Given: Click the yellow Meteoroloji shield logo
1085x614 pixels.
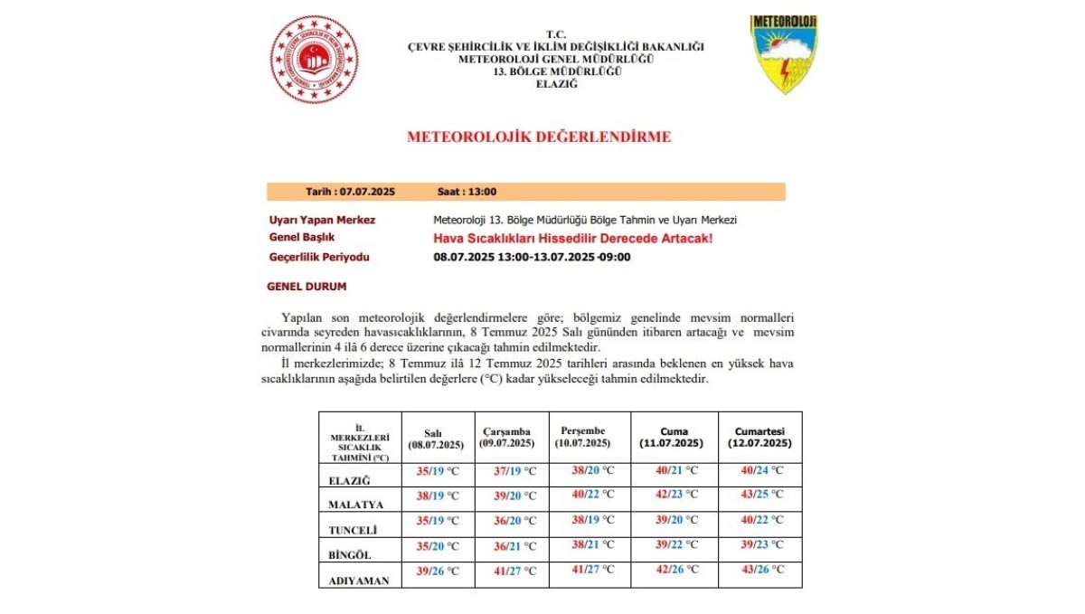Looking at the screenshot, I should click(x=784, y=54).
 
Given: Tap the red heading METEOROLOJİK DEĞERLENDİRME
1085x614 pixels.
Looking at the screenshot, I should click(x=539, y=137).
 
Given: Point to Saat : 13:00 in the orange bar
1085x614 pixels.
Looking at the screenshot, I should click(x=467, y=192).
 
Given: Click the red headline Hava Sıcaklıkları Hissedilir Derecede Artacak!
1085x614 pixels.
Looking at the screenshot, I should click(x=573, y=238).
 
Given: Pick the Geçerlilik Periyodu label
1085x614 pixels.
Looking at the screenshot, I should click(x=319, y=257).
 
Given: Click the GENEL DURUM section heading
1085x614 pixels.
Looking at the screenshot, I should click(x=307, y=287).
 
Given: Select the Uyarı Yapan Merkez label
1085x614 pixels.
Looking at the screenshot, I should click(x=322, y=220).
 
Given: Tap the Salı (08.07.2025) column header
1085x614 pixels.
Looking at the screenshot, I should click(x=436, y=439).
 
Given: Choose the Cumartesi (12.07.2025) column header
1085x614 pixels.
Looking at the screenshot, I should click(x=759, y=438).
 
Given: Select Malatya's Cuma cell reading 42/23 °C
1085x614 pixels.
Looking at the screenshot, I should click(x=676, y=495).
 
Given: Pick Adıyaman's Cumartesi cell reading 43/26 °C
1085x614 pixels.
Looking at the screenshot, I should click(x=760, y=570).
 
